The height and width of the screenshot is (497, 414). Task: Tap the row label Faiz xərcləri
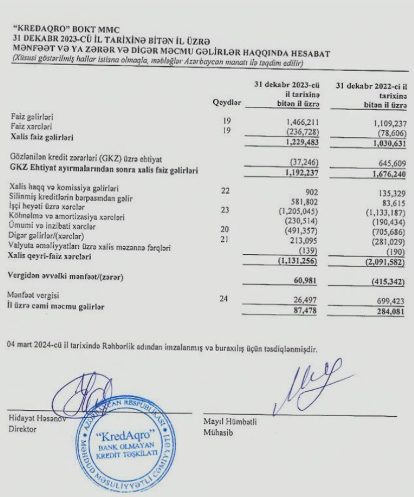tap(32, 128)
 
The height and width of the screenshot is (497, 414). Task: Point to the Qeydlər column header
tap(227, 103)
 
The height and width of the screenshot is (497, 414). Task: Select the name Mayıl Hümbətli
tap(230, 421)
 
